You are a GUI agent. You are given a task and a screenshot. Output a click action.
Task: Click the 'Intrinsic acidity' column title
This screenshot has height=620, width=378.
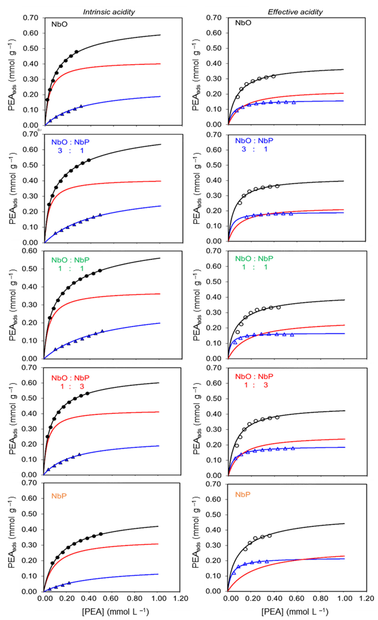point(109,12)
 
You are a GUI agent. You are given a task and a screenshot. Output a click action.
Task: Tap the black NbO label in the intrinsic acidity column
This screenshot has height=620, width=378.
point(59,24)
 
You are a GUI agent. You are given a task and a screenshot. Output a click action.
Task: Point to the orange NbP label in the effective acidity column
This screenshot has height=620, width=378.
point(243,494)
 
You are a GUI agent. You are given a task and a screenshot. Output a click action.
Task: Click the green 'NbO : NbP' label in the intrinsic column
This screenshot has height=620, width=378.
point(70,260)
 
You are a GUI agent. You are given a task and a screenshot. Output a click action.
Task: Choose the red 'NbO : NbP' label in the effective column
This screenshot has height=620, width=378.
point(254,377)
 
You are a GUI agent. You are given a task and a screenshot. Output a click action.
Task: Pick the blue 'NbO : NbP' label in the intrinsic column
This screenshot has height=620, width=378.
point(70,142)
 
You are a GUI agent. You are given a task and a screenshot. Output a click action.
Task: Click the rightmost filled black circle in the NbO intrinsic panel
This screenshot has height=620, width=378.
point(77,52)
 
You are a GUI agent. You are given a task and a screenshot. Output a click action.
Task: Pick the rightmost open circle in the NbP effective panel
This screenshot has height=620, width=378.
point(270,536)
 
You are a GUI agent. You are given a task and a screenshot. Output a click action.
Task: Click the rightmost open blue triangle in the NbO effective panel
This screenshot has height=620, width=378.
point(294,102)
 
